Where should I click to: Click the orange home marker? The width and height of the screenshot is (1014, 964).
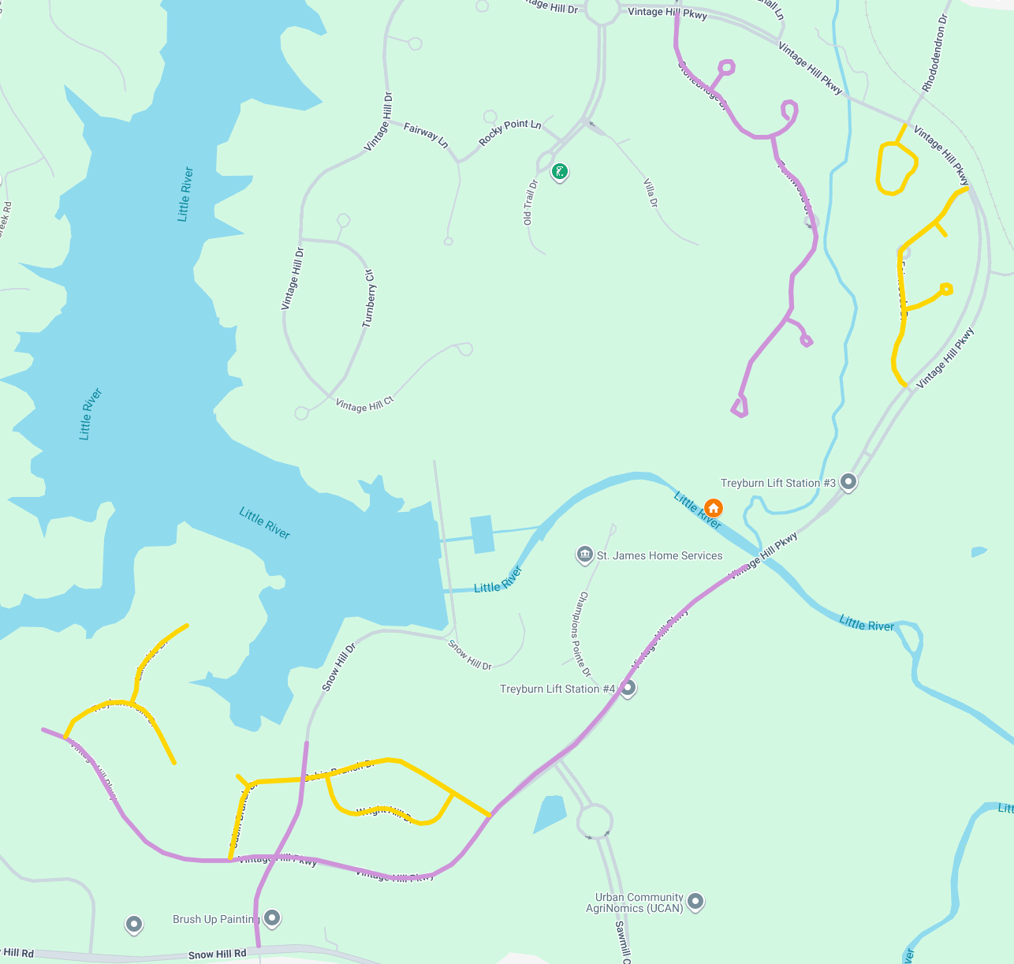(x=713, y=507)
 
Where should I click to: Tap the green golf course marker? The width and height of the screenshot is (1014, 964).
(x=559, y=171)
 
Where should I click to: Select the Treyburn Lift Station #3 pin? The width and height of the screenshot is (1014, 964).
(x=848, y=480)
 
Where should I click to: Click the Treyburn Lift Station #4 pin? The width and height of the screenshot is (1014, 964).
(x=628, y=688)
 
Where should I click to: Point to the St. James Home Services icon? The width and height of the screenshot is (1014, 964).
(x=584, y=555)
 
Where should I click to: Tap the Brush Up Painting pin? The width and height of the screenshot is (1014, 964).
(x=272, y=917)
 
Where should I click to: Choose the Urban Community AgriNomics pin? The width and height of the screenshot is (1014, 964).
(x=695, y=901)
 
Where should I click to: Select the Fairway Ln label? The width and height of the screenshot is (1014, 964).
(x=426, y=135)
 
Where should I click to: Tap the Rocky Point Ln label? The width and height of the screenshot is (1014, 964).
(x=510, y=133)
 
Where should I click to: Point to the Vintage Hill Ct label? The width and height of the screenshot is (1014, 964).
(x=364, y=405)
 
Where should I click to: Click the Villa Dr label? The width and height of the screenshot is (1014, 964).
(x=651, y=192)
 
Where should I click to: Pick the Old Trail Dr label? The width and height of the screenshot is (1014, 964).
(x=530, y=203)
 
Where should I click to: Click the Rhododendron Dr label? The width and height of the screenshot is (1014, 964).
(x=935, y=53)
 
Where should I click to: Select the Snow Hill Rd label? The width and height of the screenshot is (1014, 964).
(x=218, y=955)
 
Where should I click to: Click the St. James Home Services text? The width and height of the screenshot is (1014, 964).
(x=659, y=555)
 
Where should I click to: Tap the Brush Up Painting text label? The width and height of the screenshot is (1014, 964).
(x=216, y=919)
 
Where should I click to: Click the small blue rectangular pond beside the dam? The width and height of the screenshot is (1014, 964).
(x=482, y=534)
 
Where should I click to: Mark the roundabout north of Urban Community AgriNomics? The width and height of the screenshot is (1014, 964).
(x=595, y=820)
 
